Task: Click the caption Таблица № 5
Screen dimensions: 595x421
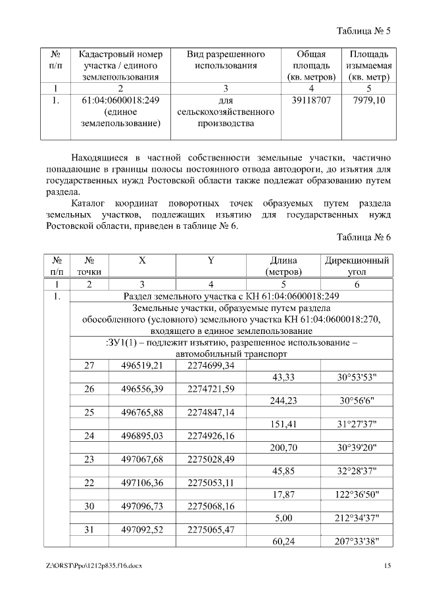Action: (364, 31)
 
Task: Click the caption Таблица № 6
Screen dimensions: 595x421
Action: (364, 237)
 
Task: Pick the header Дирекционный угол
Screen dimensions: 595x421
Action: (357, 266)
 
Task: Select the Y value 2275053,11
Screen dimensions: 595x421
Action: (210, 483)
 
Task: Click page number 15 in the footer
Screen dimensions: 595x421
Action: (388, 566)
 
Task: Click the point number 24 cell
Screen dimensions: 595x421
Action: (89, 435)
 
